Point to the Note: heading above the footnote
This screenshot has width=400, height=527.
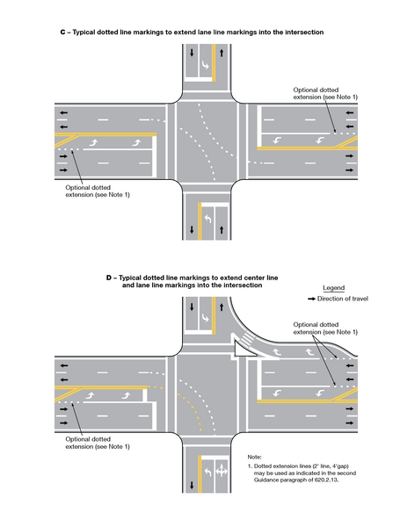pos(255,458)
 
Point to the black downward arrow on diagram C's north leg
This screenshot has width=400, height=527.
pos(192,54)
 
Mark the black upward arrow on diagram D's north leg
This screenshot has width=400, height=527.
pos(222,308)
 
